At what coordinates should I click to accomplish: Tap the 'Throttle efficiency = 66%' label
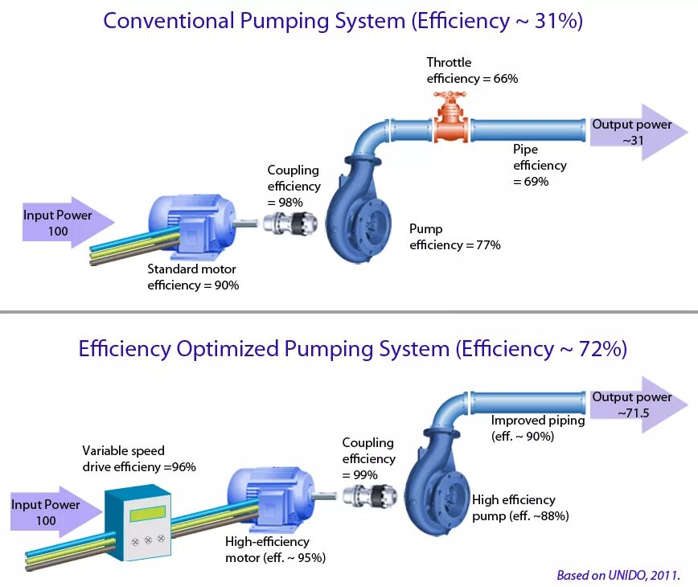472,71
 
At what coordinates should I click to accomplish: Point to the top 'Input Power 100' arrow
64,223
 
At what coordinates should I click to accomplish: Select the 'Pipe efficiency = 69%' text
540,166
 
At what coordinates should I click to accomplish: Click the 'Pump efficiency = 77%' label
455,236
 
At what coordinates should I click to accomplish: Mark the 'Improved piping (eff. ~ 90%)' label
533,428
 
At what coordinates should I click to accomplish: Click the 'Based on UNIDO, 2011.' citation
618,575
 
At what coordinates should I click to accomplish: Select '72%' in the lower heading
600,349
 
